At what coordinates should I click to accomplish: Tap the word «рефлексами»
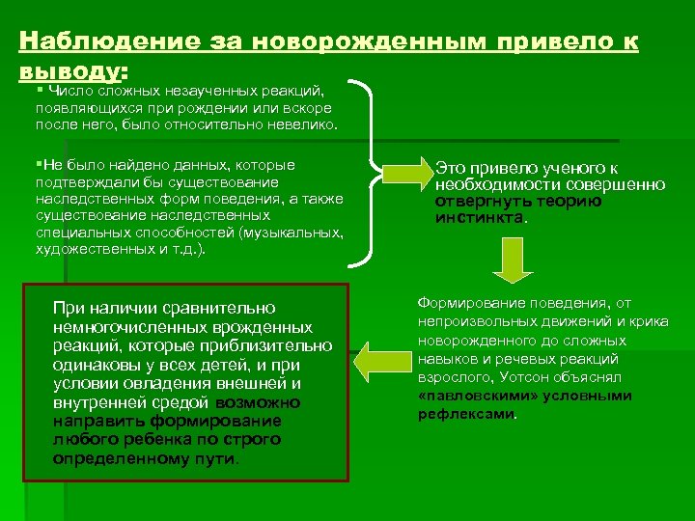click(x=466, y=414)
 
